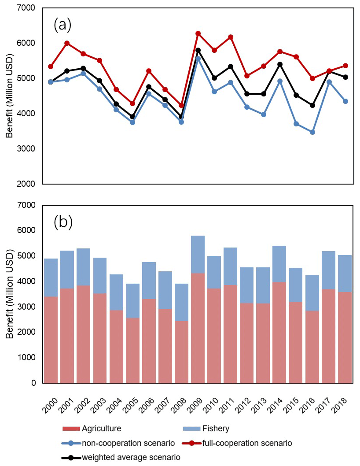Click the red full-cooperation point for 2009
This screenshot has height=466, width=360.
point(198,33)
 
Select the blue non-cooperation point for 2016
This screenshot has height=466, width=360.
point(312,132)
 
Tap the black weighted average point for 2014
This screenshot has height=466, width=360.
point(280,64)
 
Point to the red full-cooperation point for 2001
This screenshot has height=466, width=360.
point(67,43)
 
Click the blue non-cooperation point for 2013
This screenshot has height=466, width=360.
point(264,115)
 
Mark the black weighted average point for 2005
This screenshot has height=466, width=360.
point(132,117)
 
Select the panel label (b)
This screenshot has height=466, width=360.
point(62,222)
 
